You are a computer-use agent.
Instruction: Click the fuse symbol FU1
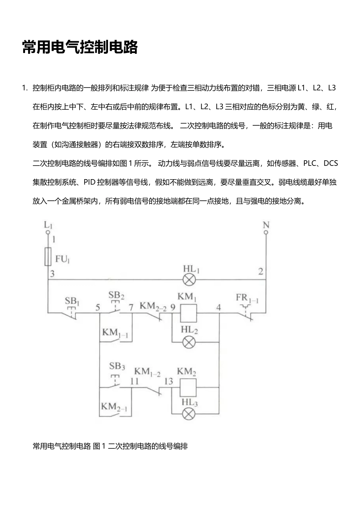(48, 257)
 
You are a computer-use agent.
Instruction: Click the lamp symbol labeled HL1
(189, 280)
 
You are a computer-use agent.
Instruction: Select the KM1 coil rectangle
(187, 312)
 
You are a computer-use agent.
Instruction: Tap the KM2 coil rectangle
(187, 387)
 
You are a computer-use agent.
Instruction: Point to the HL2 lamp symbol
(189, 342)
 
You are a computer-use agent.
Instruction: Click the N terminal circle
(266, 231)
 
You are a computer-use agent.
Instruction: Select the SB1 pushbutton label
(72, 301)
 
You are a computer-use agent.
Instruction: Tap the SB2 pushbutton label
(116, 295)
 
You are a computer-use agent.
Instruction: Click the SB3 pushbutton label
(117, 366)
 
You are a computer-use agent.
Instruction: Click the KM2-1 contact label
(114, 407)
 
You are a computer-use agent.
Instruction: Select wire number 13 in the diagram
(168, 381)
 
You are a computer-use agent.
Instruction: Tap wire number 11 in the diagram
(134, 381)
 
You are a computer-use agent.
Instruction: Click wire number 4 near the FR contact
(218, 307)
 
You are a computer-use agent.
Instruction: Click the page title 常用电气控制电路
(80, 47)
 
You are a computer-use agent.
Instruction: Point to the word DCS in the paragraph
(330, 163)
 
